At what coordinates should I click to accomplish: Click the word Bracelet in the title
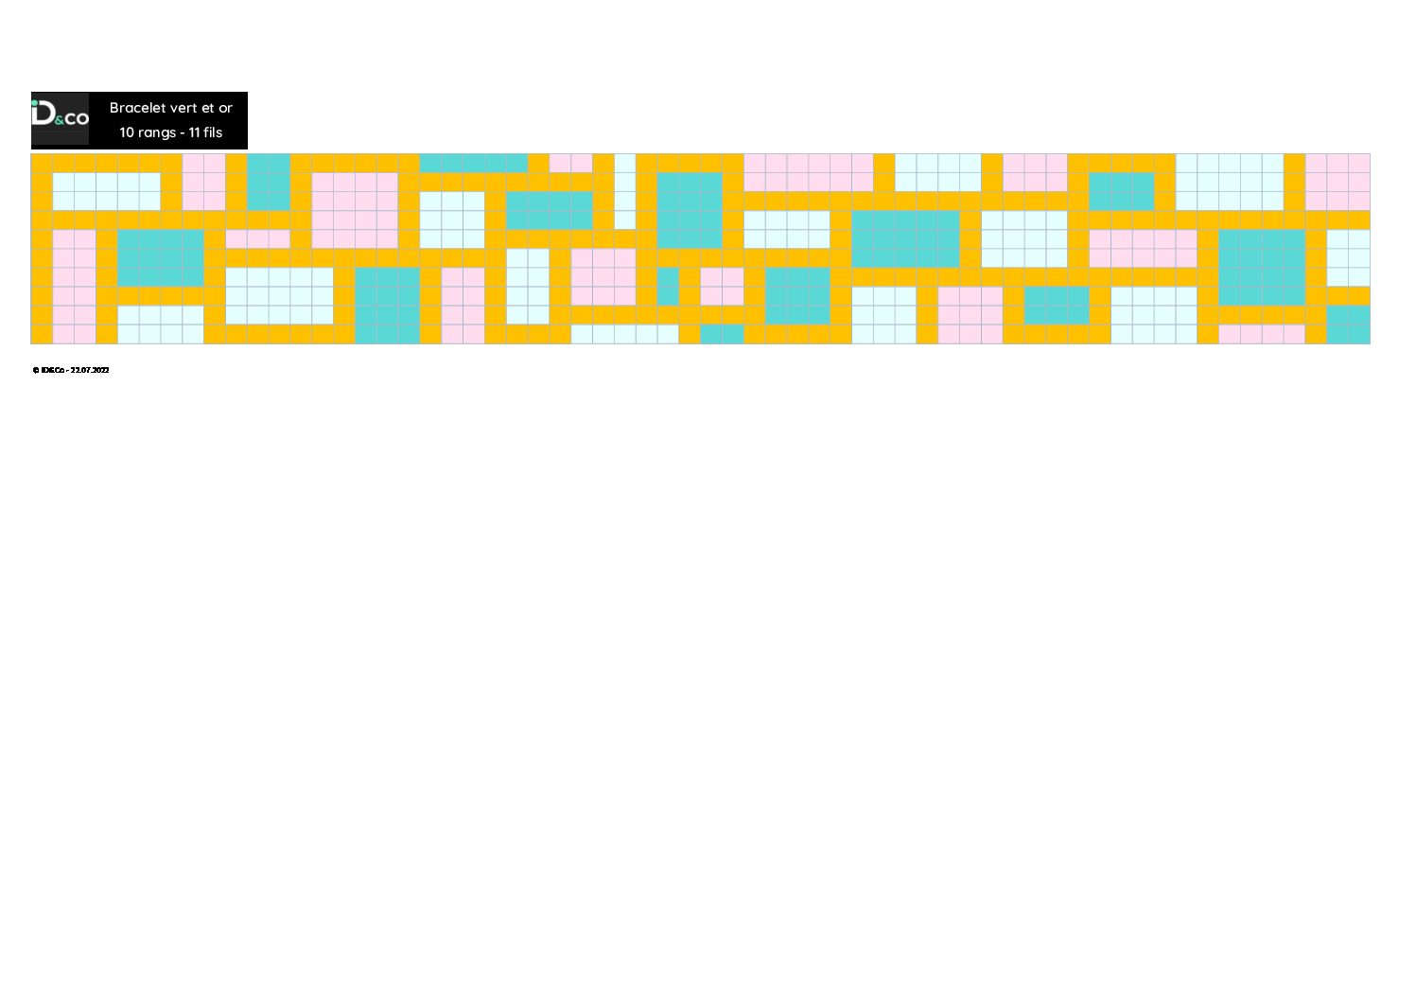[x=138, y=108]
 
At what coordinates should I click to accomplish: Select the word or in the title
[x=225, y=109]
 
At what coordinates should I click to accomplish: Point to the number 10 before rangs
[x=127, y=132]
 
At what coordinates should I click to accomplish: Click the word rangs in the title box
[x=157, y=133]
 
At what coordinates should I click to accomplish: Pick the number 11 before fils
[x=194, y=132]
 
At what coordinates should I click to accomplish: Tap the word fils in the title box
[x=213, y=132]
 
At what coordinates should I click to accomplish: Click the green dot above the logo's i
[x=35, y=104]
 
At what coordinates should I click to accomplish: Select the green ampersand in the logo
[x=60, y=120]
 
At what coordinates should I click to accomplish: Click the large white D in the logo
[x=45, y=114]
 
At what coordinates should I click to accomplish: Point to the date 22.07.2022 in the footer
[x=90, y=371]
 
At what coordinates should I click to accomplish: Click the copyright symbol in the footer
[x=35, y=371]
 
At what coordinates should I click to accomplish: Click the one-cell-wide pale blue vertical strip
[x=625, y=192]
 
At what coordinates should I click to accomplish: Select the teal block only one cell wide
[x=668, y=287]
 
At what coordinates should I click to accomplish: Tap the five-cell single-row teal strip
[x=474, y=163]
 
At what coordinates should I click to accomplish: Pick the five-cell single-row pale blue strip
[x=625, y=334]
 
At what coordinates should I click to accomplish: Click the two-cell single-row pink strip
[x=571, y=163]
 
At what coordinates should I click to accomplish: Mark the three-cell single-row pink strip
[x=258, y=239]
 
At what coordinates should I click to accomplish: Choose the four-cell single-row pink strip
[x=1263, y=334]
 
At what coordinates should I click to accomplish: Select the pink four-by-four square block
[x=356, y=211]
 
